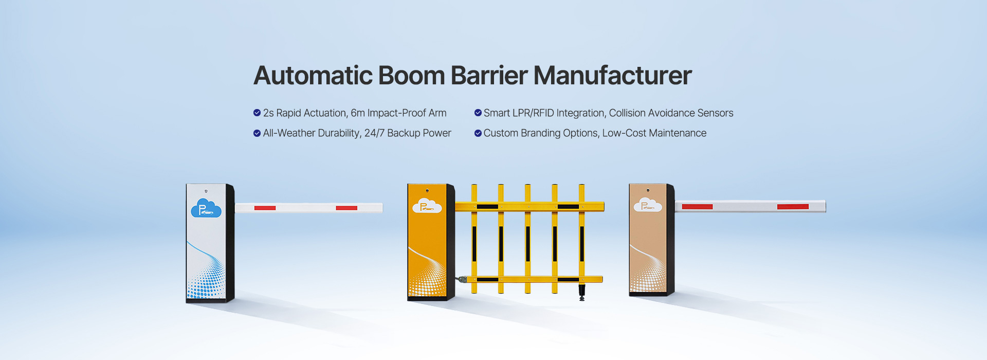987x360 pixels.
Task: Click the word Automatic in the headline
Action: [313, 76]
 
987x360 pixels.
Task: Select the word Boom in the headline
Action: [411, 76]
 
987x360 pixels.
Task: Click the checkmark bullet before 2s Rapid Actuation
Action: [257, 113]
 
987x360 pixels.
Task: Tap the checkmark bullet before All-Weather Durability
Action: [257, 133]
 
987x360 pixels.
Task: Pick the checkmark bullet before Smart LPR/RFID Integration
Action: [478, 113]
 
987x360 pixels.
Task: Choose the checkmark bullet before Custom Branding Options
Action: [478, 133]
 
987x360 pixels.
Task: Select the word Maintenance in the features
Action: [678, 133]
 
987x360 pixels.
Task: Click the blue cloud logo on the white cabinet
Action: [206, 208]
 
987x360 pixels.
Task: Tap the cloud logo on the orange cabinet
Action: [427, 206]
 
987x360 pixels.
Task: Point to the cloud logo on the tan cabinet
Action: [647, 205]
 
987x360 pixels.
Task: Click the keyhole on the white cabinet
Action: [206, 191]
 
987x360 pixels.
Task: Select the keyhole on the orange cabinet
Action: [427, 191]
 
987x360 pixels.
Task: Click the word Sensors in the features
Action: [715, 113]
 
